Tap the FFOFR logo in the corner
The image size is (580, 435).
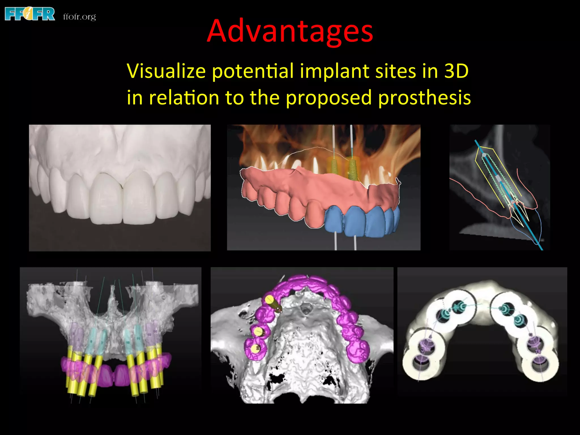click(x=30, y=14)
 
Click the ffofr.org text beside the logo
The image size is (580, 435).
click(x=80, y=17)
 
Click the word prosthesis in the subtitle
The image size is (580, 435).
click(x=425, y=98)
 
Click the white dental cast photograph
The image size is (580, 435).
click(x=120, y=187)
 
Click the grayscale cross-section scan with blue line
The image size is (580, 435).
click(x=500, y=187)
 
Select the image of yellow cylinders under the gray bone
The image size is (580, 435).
click(x=110, y=334)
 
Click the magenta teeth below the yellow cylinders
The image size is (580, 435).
click(x=113, y=374)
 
